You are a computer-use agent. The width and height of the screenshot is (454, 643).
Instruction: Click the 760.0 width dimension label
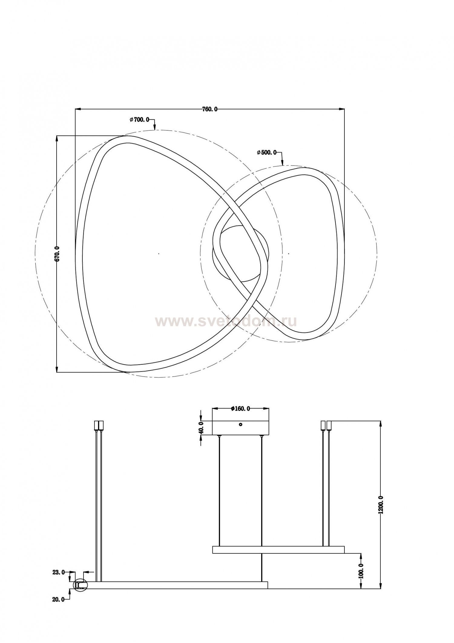[x=210, y=109]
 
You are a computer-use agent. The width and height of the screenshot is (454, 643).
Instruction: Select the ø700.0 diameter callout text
[x=139, y=120]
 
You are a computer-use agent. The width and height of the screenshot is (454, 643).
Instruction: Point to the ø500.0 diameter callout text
[x=267, y=153]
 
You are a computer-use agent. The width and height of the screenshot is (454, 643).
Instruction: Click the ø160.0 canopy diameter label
[x=240, y=409]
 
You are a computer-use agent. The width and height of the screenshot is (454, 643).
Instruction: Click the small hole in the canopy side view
[x=240, y=424]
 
